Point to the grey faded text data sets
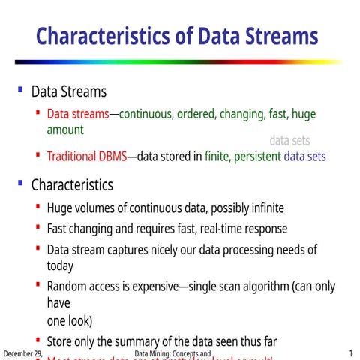[289, 140]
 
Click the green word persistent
[256, 157]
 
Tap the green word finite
[217, 157]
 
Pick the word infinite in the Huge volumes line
[262, 208]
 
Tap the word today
[60, 265]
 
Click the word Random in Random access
[67, 286]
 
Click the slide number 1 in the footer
[350, 353]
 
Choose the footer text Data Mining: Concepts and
[173, 353]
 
